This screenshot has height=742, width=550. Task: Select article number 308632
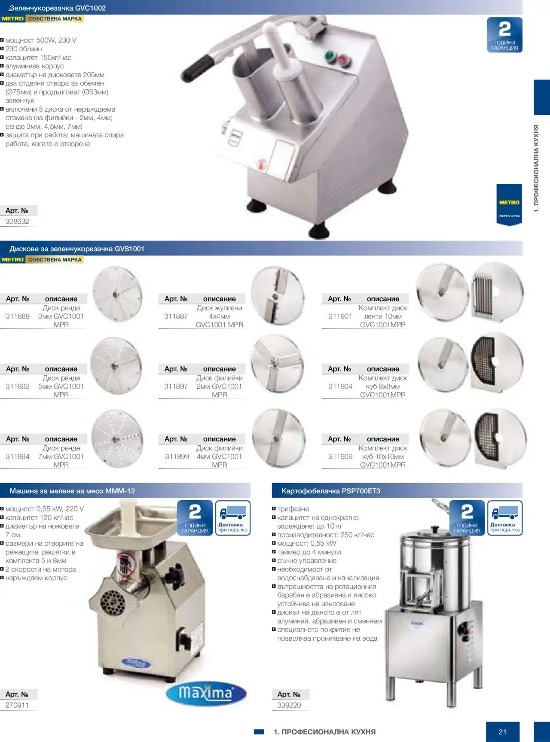[x=17, y=222]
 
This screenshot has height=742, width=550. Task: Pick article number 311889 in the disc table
[x=18, y=316]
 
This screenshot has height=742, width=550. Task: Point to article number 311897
[x=176, y=386]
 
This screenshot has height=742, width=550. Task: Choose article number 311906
[x=340, y=456]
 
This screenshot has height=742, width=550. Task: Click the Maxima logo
[x=206, y=693]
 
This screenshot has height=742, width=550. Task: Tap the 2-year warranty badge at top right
[x=505, y=35]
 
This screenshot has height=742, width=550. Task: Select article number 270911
[x=17, y=705]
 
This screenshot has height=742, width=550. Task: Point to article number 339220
[x=289, y=705]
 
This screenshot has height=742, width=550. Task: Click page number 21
[x=503, y=732]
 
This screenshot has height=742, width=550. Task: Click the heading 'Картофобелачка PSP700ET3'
[x=331, y=491]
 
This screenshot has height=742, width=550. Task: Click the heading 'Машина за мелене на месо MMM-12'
[x=72, y=491]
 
